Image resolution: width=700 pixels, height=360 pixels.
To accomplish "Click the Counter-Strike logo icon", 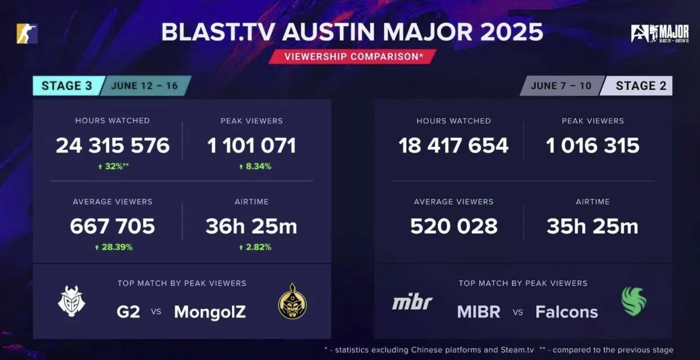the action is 27,33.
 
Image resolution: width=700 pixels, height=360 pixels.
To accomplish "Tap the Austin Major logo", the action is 660,33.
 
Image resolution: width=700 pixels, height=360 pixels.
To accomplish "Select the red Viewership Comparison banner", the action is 352,56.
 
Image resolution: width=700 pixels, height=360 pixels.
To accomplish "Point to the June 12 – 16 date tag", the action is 145,86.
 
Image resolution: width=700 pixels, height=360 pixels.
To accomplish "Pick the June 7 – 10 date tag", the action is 561,86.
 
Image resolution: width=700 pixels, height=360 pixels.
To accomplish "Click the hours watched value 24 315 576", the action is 113,145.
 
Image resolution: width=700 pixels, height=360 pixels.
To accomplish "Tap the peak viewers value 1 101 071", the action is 251,145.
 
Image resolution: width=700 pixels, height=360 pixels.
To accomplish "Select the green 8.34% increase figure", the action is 255,166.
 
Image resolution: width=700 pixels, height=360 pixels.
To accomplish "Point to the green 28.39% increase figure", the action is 114,247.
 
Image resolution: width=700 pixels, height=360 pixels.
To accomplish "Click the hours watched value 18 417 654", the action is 454,145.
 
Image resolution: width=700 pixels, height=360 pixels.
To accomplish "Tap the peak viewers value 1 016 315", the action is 592,145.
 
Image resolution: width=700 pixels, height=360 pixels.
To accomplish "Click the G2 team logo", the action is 72,301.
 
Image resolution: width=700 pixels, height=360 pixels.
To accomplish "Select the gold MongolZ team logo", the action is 293,301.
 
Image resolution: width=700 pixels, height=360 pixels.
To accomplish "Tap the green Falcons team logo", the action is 634,301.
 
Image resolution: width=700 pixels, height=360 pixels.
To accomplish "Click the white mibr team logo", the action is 413,302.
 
